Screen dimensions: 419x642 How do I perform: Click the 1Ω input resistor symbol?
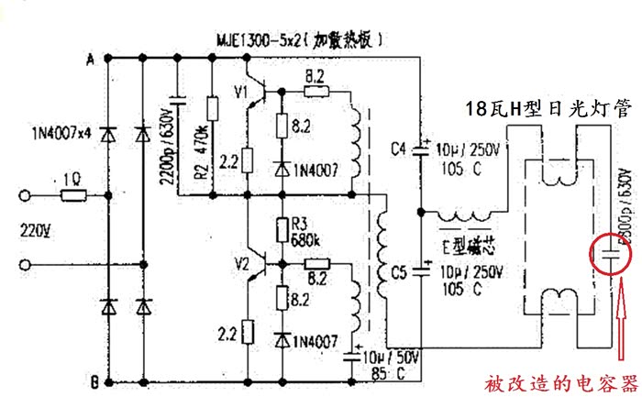[x=73, y=194]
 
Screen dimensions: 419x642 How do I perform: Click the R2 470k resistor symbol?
[x=213, y=109]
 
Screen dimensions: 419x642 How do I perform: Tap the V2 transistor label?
[x=241, y=264]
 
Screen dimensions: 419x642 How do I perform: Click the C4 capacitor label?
[x=399, y=148]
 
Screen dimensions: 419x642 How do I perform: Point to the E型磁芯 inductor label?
[x=470, y=246]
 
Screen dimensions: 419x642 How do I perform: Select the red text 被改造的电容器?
[x=560, y=383]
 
